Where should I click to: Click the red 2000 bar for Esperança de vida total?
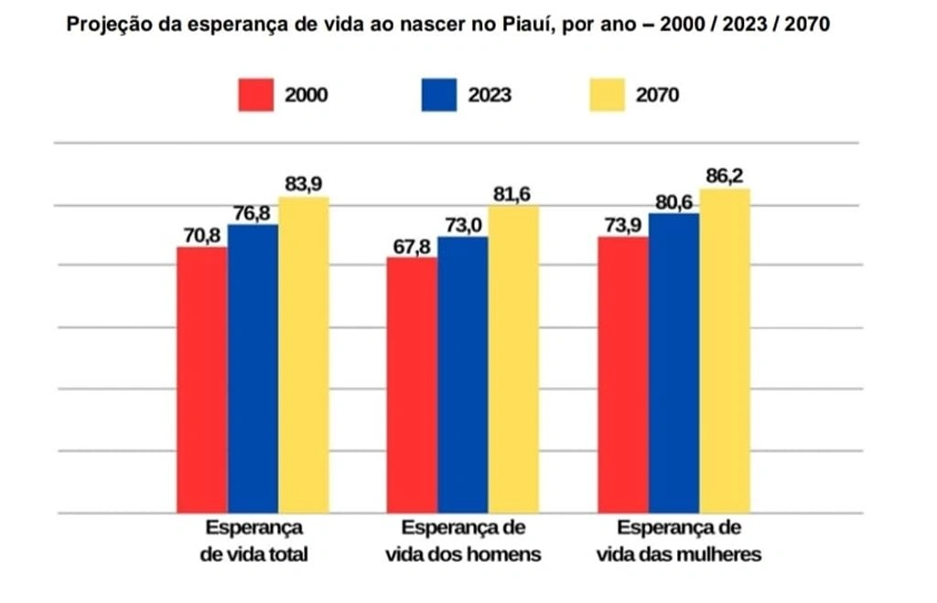[202, 380]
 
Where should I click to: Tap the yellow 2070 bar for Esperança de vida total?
[304, 355]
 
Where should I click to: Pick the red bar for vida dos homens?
[412, 385]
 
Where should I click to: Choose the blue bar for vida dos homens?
[463, 375]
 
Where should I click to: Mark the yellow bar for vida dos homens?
[513, 359]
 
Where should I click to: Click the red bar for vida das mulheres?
[623, 374]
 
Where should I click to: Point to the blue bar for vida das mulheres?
[674, 362]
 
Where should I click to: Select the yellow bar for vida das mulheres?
[725, 351]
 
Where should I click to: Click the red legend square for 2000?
[256, 95]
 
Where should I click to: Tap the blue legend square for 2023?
[439, 95]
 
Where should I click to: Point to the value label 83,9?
[304, 184]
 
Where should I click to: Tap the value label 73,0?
[463, 224]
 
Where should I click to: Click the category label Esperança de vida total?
[254, 541]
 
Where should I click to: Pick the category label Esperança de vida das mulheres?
[678, 541]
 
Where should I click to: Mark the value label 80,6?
[674, 201]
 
